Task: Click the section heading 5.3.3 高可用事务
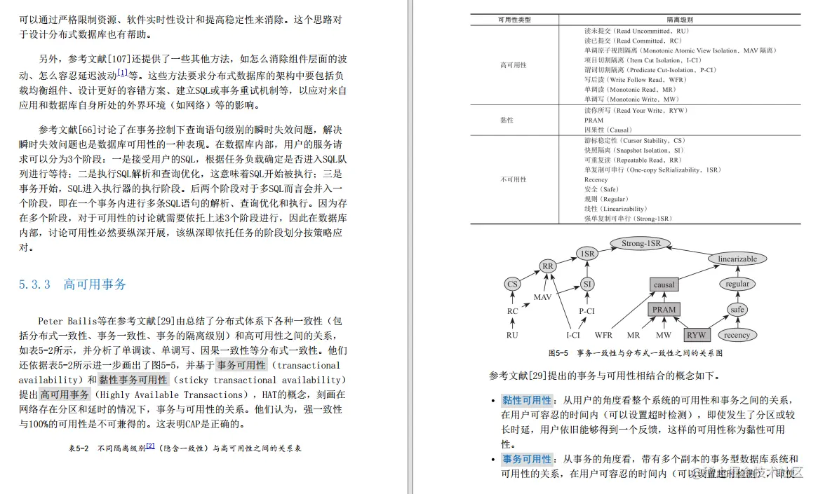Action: coord(73,284)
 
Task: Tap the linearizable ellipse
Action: coord(737,259)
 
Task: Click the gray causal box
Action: coord(664,284)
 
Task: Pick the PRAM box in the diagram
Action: coord(664,309)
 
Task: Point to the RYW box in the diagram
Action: coord(696,335)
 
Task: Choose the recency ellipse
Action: coord(737,335)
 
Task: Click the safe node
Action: coord(737,309)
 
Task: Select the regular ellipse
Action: coord(737,284)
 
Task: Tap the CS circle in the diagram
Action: coord(513,284)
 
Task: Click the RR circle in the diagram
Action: coord(549,266)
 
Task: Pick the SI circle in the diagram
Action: coord(587,284)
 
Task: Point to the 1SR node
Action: coord(587,253)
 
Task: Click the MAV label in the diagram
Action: coord(543,297)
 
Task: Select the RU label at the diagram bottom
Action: coord(513,335)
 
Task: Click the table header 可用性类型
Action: coord(514,20)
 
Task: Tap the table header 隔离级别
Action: coord(679,20)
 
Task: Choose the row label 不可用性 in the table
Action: coord(513,179)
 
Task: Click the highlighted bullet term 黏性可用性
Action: coord(527,400)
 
